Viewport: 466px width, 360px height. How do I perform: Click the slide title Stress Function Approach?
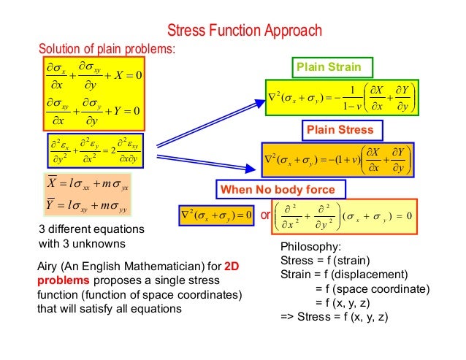245,31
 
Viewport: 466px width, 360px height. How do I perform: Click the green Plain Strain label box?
332,68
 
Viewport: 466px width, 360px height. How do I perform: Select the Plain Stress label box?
340,130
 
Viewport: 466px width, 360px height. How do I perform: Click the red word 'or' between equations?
265,217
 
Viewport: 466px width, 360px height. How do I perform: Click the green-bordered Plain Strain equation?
340,97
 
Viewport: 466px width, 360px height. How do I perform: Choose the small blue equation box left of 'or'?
218,217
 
